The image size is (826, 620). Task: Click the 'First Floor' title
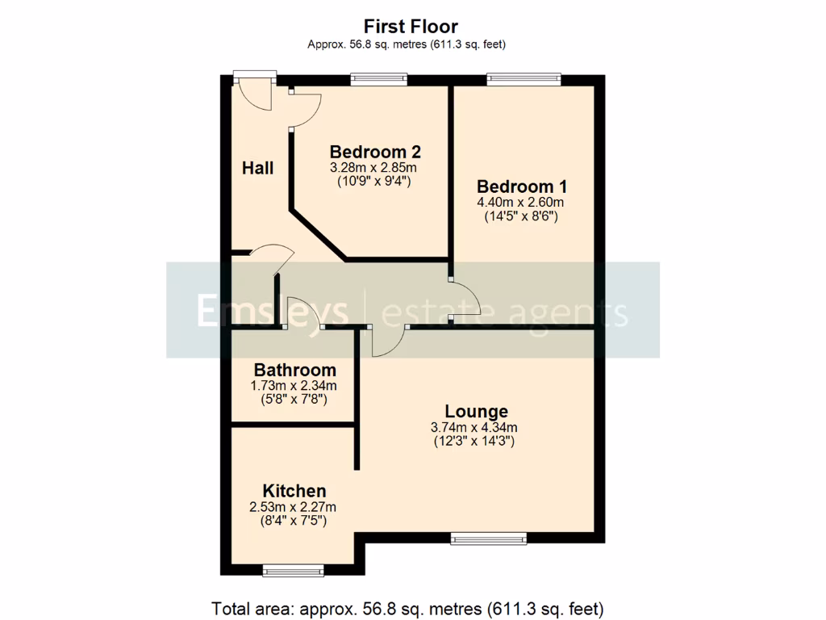pos(411,27)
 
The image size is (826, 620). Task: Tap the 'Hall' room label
pos(258,168)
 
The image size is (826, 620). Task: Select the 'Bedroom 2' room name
pos(375,152)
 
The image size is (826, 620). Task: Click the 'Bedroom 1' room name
pos(520,186)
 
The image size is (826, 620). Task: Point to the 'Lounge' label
pos(476,411)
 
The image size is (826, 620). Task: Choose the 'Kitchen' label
pos(294,491)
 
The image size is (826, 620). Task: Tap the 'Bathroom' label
pos(294,370)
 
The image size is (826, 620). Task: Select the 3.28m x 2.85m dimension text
pos(375,167)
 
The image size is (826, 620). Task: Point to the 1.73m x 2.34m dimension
pos(294,385)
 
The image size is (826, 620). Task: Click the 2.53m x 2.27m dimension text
pos(294,507)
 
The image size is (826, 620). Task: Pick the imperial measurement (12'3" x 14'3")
pos(476,442)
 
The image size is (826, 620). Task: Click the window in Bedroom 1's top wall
pos(524,79)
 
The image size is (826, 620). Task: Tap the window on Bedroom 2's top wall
pos(378,79)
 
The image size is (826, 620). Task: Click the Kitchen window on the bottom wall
pos(294,571)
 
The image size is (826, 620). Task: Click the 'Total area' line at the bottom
pos(407,607)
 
